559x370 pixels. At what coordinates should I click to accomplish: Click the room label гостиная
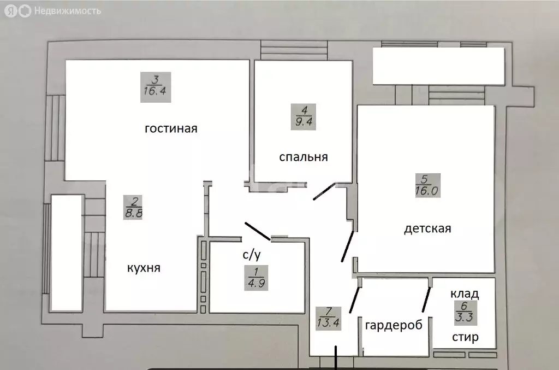(170, 129)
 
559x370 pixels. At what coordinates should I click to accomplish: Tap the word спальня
(303, 157)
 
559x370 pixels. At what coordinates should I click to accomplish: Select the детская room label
(427, 228)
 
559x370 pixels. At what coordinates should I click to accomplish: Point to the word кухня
(144, 268)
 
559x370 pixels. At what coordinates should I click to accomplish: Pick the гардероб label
(394, 325)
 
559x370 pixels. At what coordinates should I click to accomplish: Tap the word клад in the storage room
(465, 293)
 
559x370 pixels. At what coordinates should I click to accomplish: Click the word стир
(465, 337)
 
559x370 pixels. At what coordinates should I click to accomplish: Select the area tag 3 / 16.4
(155, 87)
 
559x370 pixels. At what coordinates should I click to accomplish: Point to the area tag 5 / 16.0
(427, 185)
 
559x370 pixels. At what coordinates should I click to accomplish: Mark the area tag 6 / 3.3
(464, 315)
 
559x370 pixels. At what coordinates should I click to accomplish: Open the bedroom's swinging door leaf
(324, 191)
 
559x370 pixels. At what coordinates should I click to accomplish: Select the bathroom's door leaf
(257, 231)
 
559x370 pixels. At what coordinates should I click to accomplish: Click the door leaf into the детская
(347, 246)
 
